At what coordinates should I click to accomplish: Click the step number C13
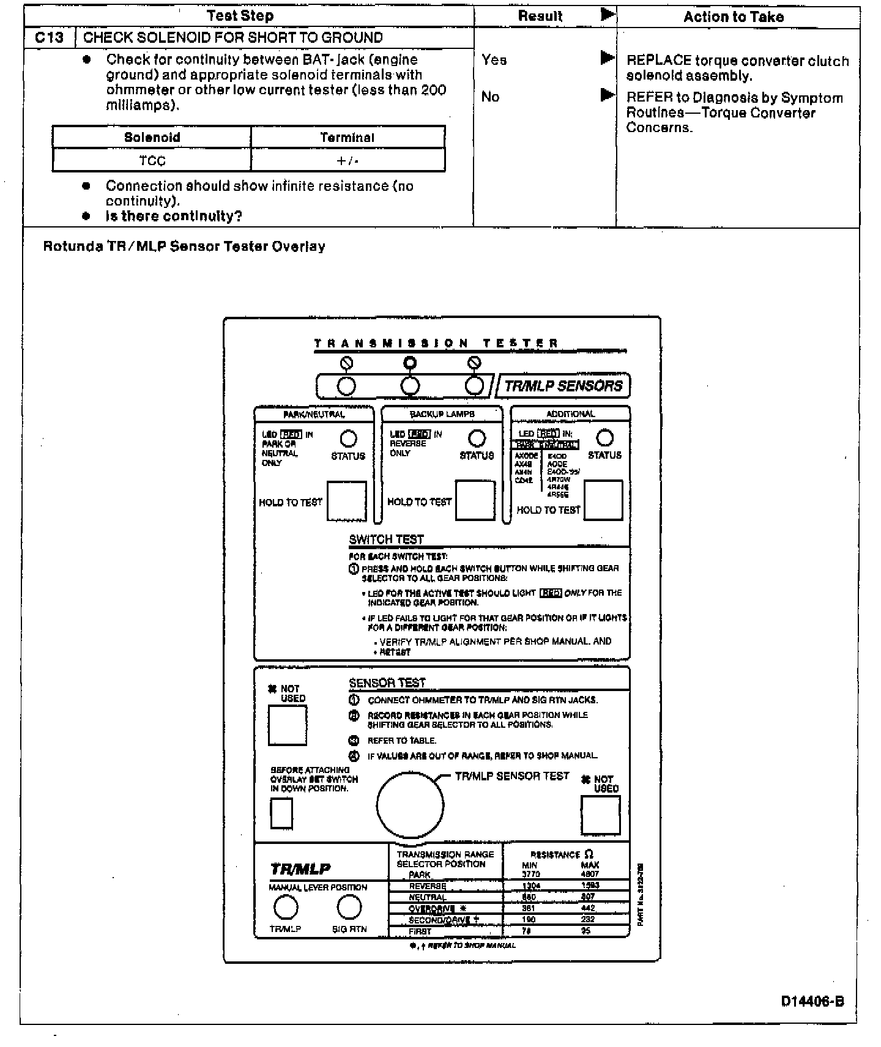[x=49, y=38]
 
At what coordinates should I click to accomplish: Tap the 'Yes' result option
[x=494, y=60]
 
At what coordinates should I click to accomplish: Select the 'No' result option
[x=490, y=97]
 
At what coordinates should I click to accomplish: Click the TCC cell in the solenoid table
[x=152, y=161]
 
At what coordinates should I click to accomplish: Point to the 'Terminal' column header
[x=347, y=137]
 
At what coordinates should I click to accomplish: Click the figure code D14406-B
[x=812, y=1001]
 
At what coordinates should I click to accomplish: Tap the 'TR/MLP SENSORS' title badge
[x=563, y=386]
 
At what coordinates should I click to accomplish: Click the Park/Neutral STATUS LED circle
[x=348, y=438]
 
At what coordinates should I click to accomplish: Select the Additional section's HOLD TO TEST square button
[x=603, y=500]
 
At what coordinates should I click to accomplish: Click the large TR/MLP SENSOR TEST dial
[x=410, y=804]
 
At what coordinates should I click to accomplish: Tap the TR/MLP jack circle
[x=286, y=908]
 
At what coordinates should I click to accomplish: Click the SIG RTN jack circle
[x=349, y=908]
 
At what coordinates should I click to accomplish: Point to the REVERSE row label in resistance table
[x=427, y=886]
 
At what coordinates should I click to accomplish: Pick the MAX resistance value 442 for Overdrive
[x=587, y=908]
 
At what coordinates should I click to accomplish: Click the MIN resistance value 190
[x=529, y=919]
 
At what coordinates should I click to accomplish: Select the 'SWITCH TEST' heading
[x=386, y=539]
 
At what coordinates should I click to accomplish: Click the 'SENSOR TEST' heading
[x=387, y=683]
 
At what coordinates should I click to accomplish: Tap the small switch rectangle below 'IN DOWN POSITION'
[x=281, y=813]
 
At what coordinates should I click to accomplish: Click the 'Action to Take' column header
[x=733, y=17]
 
